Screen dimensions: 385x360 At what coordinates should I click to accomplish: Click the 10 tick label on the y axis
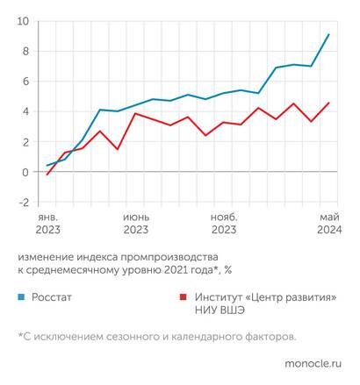pyautogui.click(x=23, y=21)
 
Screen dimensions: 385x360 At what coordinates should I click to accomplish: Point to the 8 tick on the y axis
pyautogui.click(x=25, y=51)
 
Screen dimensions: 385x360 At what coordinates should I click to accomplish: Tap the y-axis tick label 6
pyautogui.click(x=25, y=82)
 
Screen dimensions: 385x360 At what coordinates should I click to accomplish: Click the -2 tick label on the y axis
pyautogui.click(x=24, y=203)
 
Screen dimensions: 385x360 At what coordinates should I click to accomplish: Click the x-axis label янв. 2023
pyautogui.click(x=47, y=224)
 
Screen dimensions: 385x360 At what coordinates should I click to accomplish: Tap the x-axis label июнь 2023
pyautogui.click(x=135, y=224)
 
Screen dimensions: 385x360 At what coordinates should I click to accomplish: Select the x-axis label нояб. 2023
pyautogui.click(x=223, y=224)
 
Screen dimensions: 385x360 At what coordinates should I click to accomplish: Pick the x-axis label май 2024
pyautogui.click(x=328, y=224)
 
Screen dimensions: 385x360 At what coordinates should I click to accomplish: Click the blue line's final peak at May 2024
pyautogui.click(x=328, y=35)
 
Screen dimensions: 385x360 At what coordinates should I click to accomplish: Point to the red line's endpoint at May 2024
pyautogui.click(x=328, y=103)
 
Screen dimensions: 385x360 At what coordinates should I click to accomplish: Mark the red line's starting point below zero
pyautogui.click(x=47, y=175)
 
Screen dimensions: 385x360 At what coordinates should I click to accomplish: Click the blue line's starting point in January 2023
pyautogui.click(x=47, y=166)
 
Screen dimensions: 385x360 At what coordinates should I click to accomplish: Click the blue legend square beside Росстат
pyautogui.click(x=21, y=297)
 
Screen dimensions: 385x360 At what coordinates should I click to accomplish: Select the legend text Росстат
pyautogui.click(x=52, y=297)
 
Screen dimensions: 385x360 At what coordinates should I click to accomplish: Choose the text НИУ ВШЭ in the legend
pyautogui.click(x=214, y=311)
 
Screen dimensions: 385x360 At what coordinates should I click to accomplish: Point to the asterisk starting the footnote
pyautogui.click(x=20, y=335)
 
